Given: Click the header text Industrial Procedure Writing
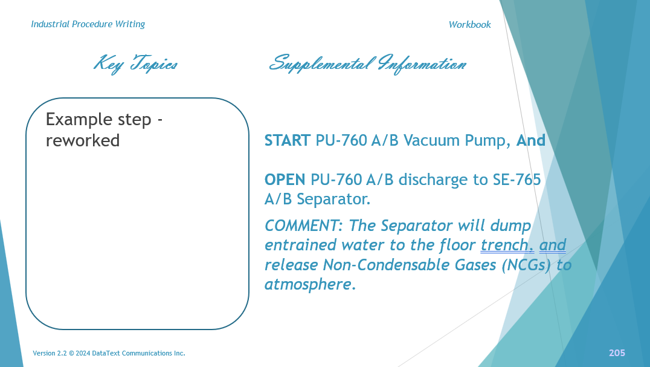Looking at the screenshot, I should pyautogui.click(x=88, y=24).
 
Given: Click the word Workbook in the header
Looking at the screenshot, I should pyautogui.click(x=469, y=25).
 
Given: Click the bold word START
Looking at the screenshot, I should pyautogui.click(x=288, y=141).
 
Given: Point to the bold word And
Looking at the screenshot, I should pyautogui.click(x=531, y=141).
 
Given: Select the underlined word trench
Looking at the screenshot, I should pyautogui.click(x=507, y=245).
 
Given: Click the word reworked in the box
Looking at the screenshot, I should pyautogui.click(x=83, y=140).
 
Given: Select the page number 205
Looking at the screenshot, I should pyautogui.click(x=617, y=353).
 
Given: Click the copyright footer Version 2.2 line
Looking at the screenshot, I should pyautogui.click(x=109, y=353).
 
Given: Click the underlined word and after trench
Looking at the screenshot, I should pyautogui.click(x=552, y=245).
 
